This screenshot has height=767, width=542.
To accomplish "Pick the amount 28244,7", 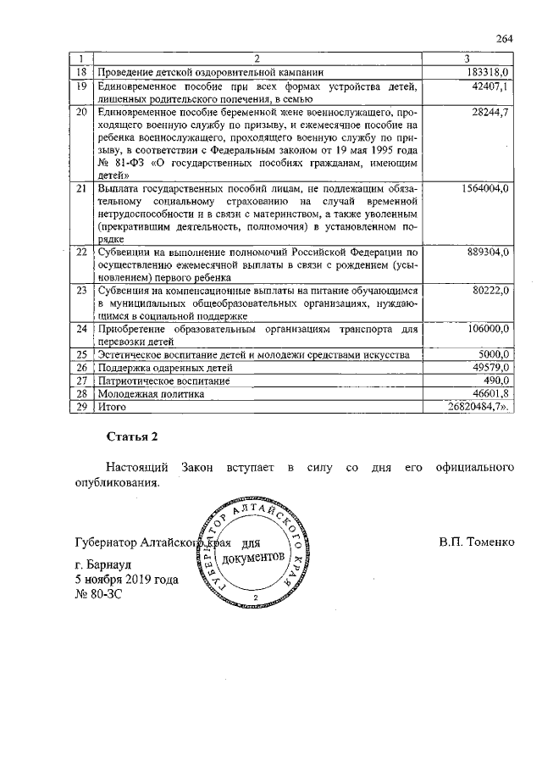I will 487,113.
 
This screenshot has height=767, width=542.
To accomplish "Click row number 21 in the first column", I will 82,188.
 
